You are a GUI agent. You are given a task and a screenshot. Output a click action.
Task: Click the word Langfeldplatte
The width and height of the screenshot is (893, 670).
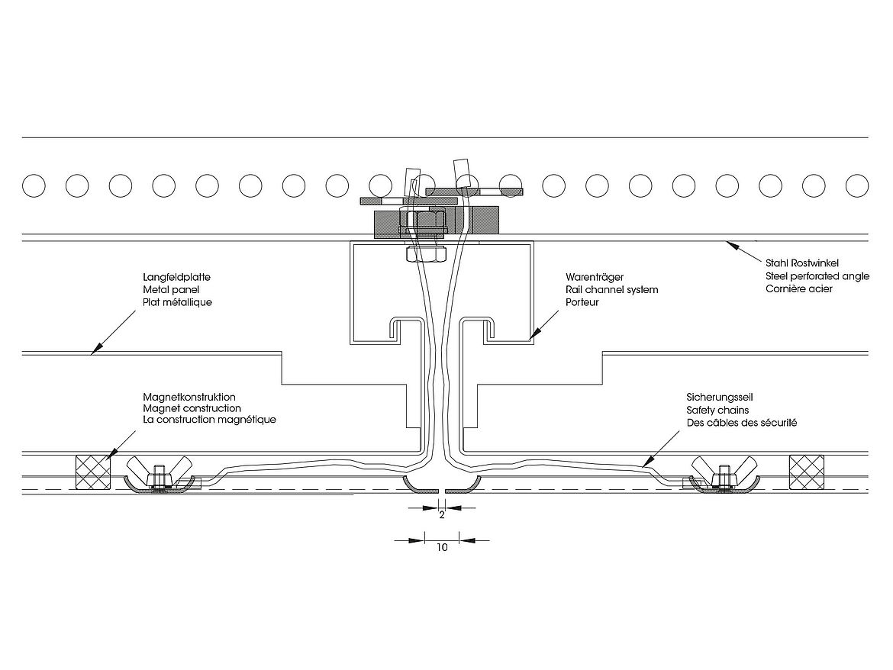176,277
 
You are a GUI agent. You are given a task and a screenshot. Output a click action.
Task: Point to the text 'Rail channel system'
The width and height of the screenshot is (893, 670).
611,290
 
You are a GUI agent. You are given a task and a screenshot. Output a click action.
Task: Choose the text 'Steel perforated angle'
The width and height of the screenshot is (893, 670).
816,275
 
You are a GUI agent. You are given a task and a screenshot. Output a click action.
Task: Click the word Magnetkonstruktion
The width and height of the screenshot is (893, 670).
189,397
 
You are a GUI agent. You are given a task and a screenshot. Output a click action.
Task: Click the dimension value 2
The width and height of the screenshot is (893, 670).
441,515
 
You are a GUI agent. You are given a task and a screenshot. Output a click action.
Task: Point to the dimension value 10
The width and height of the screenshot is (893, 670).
441,547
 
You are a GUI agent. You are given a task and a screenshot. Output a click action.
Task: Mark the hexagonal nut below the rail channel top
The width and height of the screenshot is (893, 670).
426,252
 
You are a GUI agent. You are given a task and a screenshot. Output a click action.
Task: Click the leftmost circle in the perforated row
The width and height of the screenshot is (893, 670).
34,185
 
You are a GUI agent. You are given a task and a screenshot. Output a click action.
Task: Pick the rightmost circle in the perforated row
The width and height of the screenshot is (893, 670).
857,185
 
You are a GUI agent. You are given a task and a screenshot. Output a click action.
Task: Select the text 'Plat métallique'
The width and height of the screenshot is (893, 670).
177,303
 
